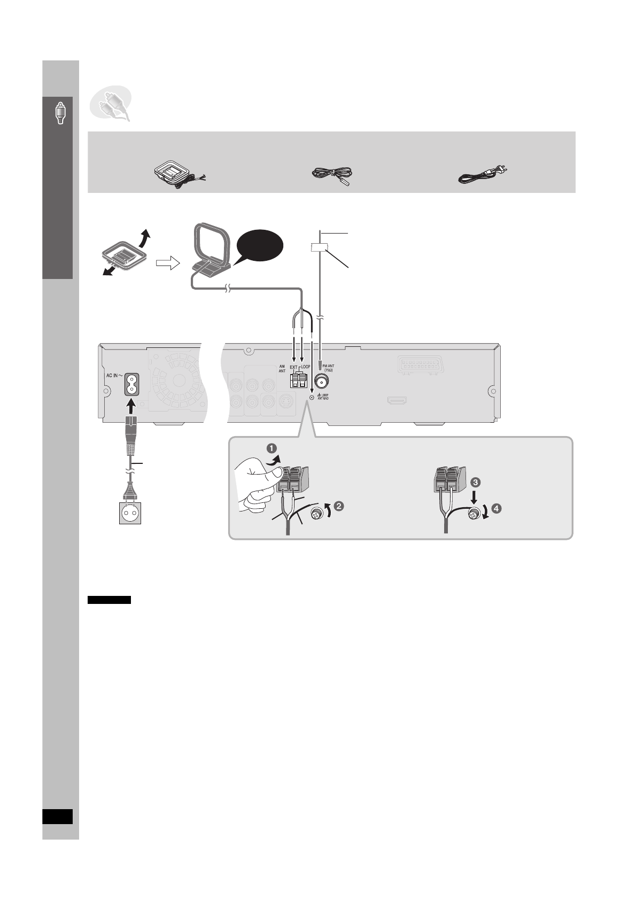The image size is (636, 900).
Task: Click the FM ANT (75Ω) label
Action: click(328, 367)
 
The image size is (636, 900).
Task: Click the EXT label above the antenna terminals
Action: click(293, 368)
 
